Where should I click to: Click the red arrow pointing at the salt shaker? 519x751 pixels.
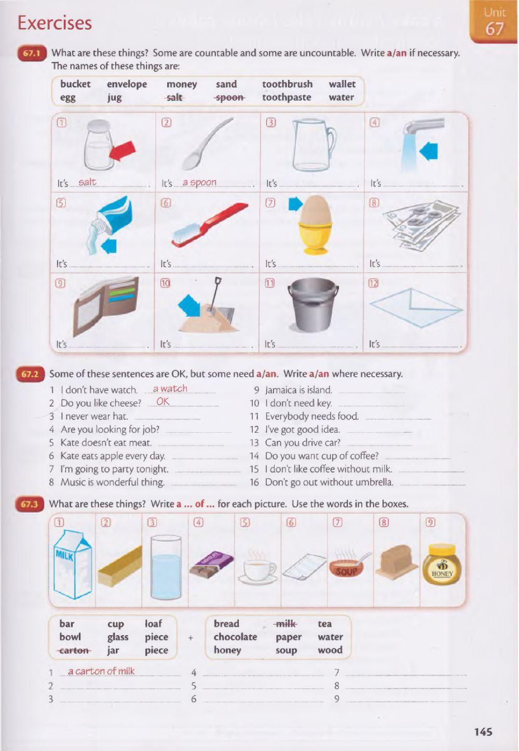click(122, 151)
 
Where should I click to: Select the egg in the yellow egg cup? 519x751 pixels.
click(315, 210)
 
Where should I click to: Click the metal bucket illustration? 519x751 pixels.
click(313, 305)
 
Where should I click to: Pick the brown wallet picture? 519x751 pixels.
click(105, 305)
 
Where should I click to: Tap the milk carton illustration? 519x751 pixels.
click(73, 564)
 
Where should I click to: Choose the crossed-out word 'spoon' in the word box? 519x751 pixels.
click(230, 98)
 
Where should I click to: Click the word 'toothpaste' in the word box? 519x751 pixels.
click(286, 98)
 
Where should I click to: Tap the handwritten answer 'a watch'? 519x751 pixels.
click(170, 389)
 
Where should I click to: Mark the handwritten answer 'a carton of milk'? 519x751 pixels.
click(101, 671)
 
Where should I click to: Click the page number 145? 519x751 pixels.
click(483, 731)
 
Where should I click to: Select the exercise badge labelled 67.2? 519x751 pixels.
click(30, 374)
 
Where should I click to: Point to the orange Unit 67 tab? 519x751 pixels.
click(494, 21)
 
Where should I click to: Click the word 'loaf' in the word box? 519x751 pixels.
click(153, 624)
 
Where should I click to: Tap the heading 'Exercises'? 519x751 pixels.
click(54, 23)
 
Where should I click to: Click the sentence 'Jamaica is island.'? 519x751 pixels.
click(298, 390)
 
